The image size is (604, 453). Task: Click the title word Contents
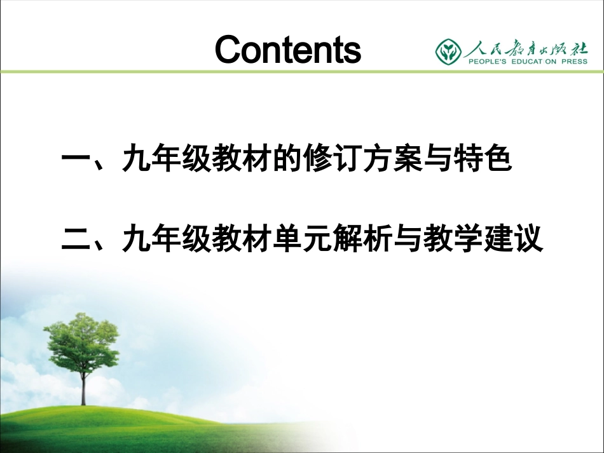click(287, 50)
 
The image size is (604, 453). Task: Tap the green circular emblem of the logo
click(449, 50)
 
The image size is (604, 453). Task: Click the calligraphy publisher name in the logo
click(525, 46)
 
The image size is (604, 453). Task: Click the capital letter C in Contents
click(230, 50)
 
